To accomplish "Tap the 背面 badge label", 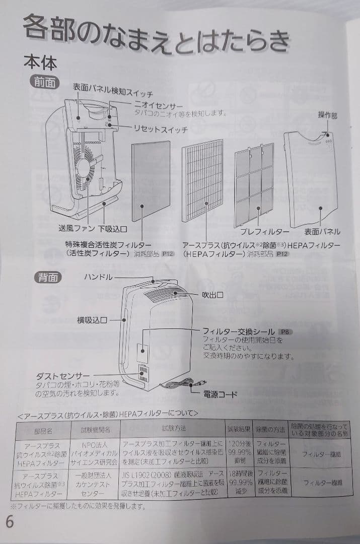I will click(x=48, y=278).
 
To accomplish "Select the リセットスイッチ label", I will click(x=160, y=129).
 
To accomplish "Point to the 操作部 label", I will click(x=327, y=115).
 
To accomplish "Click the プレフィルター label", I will click(x=264, y=232).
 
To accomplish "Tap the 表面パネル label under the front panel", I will click(x=322, y=232).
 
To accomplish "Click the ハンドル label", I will click(x=98, y=278).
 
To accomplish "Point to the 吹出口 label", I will click(x=212, y=294).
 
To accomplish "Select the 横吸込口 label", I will click(x=92, y=320).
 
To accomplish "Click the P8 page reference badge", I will click(x=285, y=332).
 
